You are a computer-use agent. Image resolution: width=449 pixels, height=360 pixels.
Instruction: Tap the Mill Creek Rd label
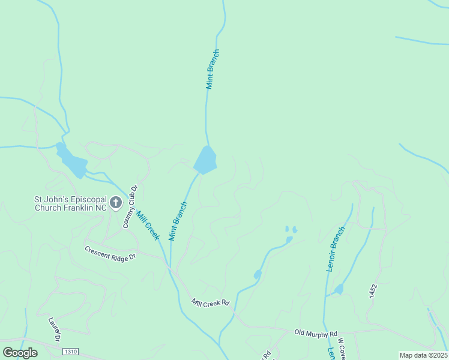point(211,303)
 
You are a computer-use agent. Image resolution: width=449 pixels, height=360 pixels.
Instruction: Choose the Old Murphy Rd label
point(316,333)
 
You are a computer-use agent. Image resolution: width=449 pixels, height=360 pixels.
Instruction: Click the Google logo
point(20,352)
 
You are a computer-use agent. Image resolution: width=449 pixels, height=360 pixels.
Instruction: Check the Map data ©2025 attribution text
point(423,355)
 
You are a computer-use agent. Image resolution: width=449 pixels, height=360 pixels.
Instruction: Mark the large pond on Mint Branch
point(205,161)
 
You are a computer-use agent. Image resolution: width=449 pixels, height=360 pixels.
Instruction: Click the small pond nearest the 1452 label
point(339,289)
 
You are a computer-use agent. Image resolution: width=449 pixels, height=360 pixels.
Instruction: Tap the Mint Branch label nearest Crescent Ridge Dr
point(178,221)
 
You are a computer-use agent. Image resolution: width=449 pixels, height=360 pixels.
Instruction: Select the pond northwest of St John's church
point(71,161)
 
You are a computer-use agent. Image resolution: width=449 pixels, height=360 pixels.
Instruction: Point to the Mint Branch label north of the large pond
point(212,69)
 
